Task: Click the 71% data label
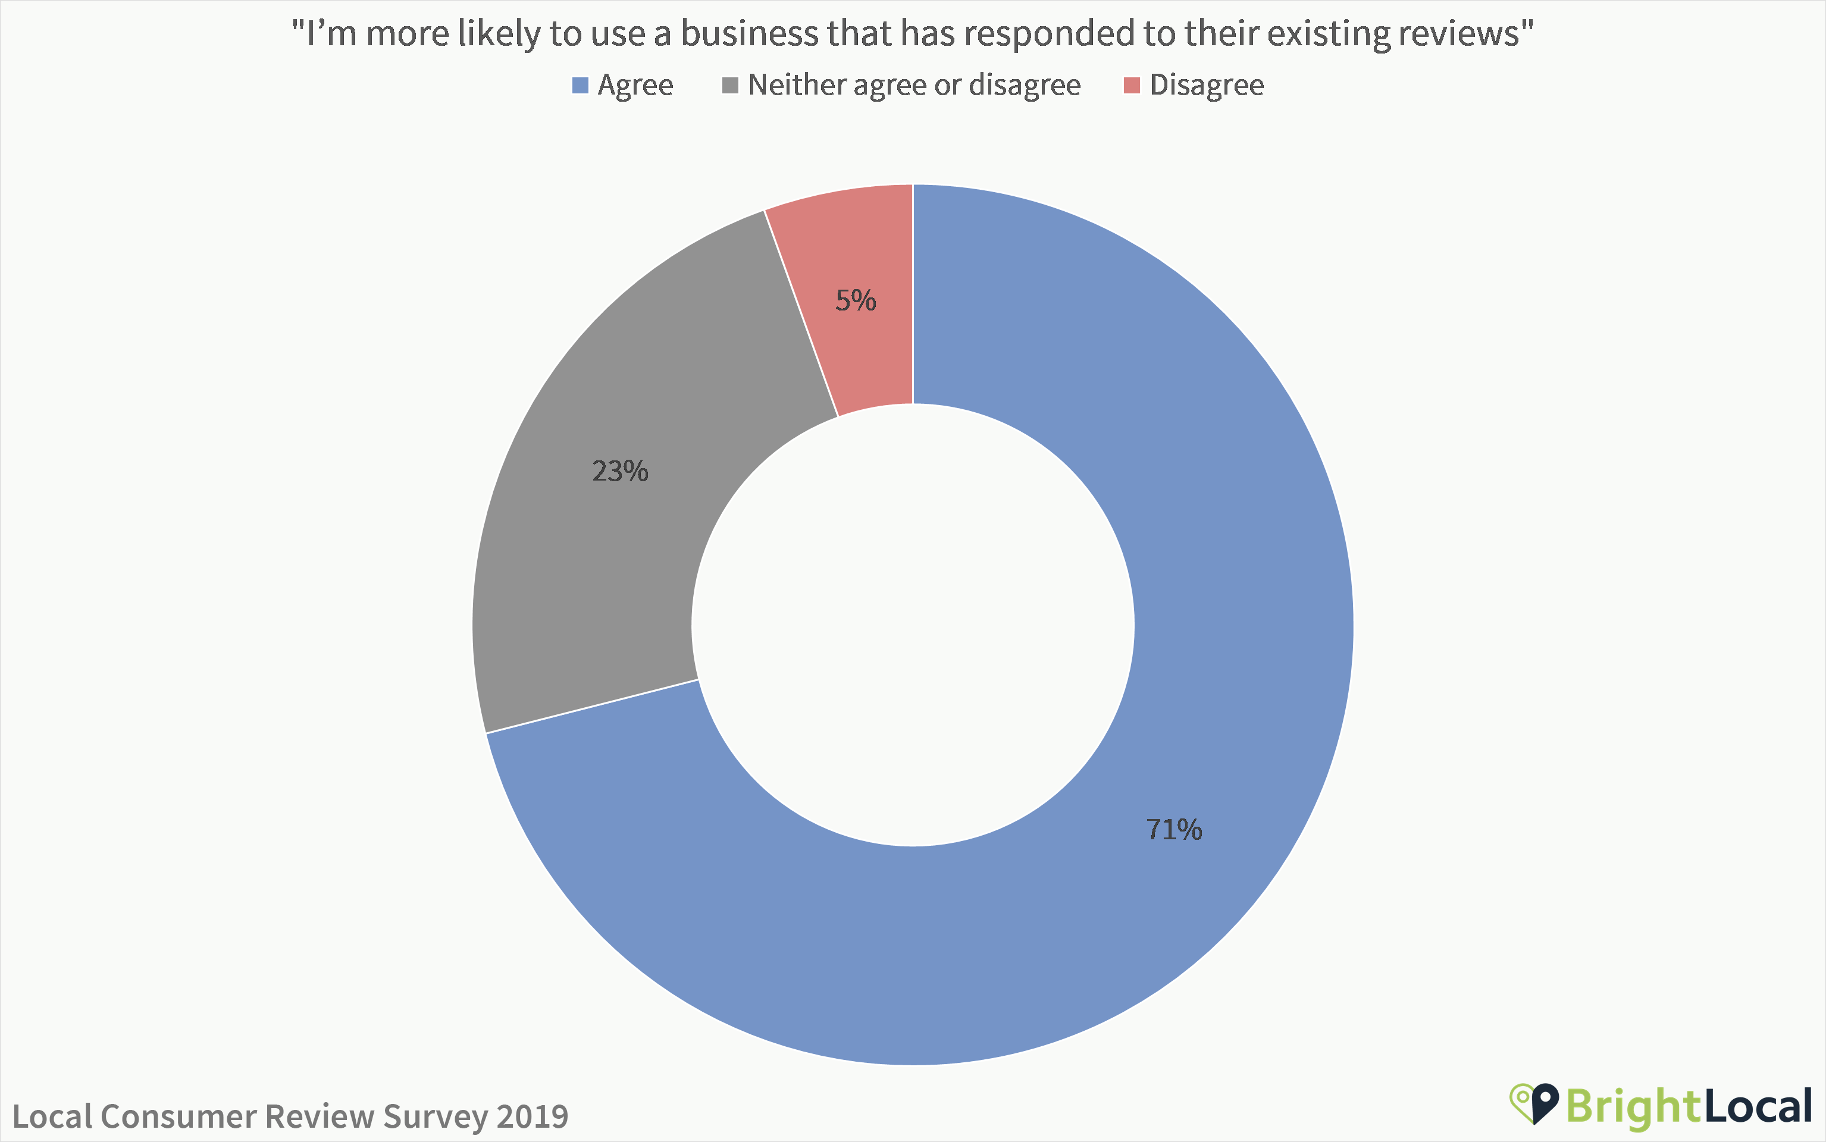pos(1173,829)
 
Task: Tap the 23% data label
pos(619,471)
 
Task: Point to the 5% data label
pos(855,300)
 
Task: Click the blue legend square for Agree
pos(580,85)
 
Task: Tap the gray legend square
pos(730,85)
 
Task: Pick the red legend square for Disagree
pos(1132,85)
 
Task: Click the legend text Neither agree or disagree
pos(914,85)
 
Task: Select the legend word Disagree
pos(1207,85)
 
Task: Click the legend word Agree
pos(635,85)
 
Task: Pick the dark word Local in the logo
pos(1758,1106)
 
